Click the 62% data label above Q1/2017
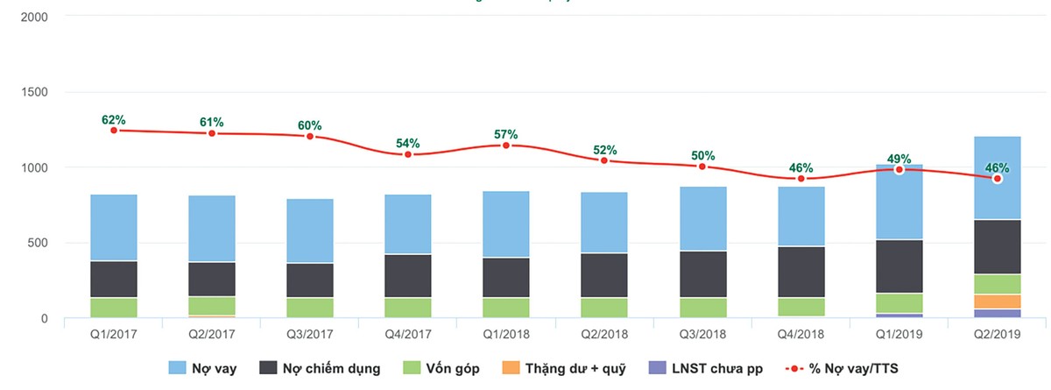114,120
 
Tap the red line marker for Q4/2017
408,154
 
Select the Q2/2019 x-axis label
997,334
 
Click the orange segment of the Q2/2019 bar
997,301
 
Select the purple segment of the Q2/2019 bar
997,314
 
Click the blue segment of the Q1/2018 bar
506,224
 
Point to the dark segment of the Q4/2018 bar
801,272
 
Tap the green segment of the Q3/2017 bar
310,308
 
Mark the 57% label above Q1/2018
506,135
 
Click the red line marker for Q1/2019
899,169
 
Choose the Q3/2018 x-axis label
702,334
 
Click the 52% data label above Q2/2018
604,150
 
